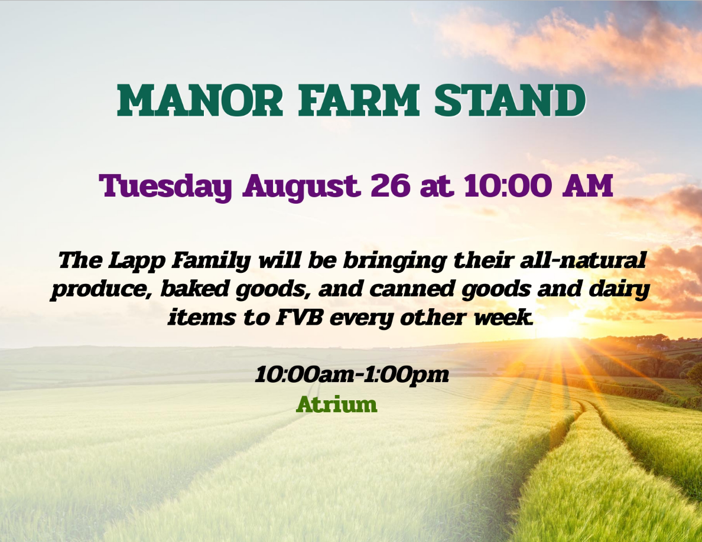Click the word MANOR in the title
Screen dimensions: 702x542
click(200, 100)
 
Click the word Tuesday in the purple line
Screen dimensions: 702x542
click(165, 186)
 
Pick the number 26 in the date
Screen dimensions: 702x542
click(390, 185)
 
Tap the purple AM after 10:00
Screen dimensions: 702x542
click(587, 185)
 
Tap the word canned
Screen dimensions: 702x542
click(412, 289)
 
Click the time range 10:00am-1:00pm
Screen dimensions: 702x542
click(352, 375)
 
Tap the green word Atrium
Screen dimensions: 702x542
click(337, 404)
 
